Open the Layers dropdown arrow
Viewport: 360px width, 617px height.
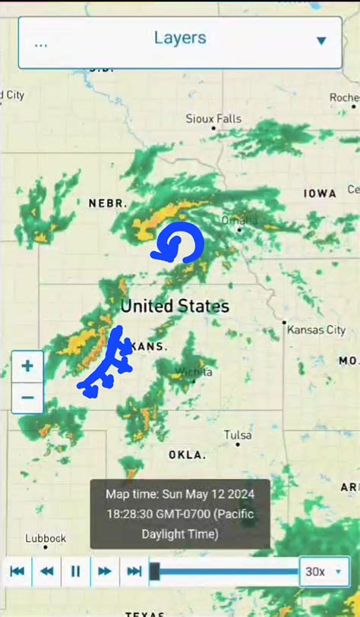point(321,41)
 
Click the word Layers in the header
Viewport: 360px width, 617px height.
point(180,38)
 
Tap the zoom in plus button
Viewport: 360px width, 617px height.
point(27,367)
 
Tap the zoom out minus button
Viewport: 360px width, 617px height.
point(27,397)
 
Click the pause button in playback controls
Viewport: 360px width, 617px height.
point(75,571)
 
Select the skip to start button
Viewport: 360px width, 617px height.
point(17,571)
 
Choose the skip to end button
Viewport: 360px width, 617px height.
point(134,571)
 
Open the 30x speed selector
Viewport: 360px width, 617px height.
point(324,571)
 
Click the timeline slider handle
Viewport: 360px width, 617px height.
point(154,571)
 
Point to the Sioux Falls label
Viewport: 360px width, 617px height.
point(213,118)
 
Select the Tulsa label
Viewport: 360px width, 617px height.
point(238,435)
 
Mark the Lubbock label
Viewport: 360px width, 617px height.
point(46,538)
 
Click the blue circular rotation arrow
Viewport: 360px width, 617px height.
point(179,244)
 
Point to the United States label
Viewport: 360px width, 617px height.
point(175,307)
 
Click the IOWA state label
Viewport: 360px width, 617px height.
point(320,194)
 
